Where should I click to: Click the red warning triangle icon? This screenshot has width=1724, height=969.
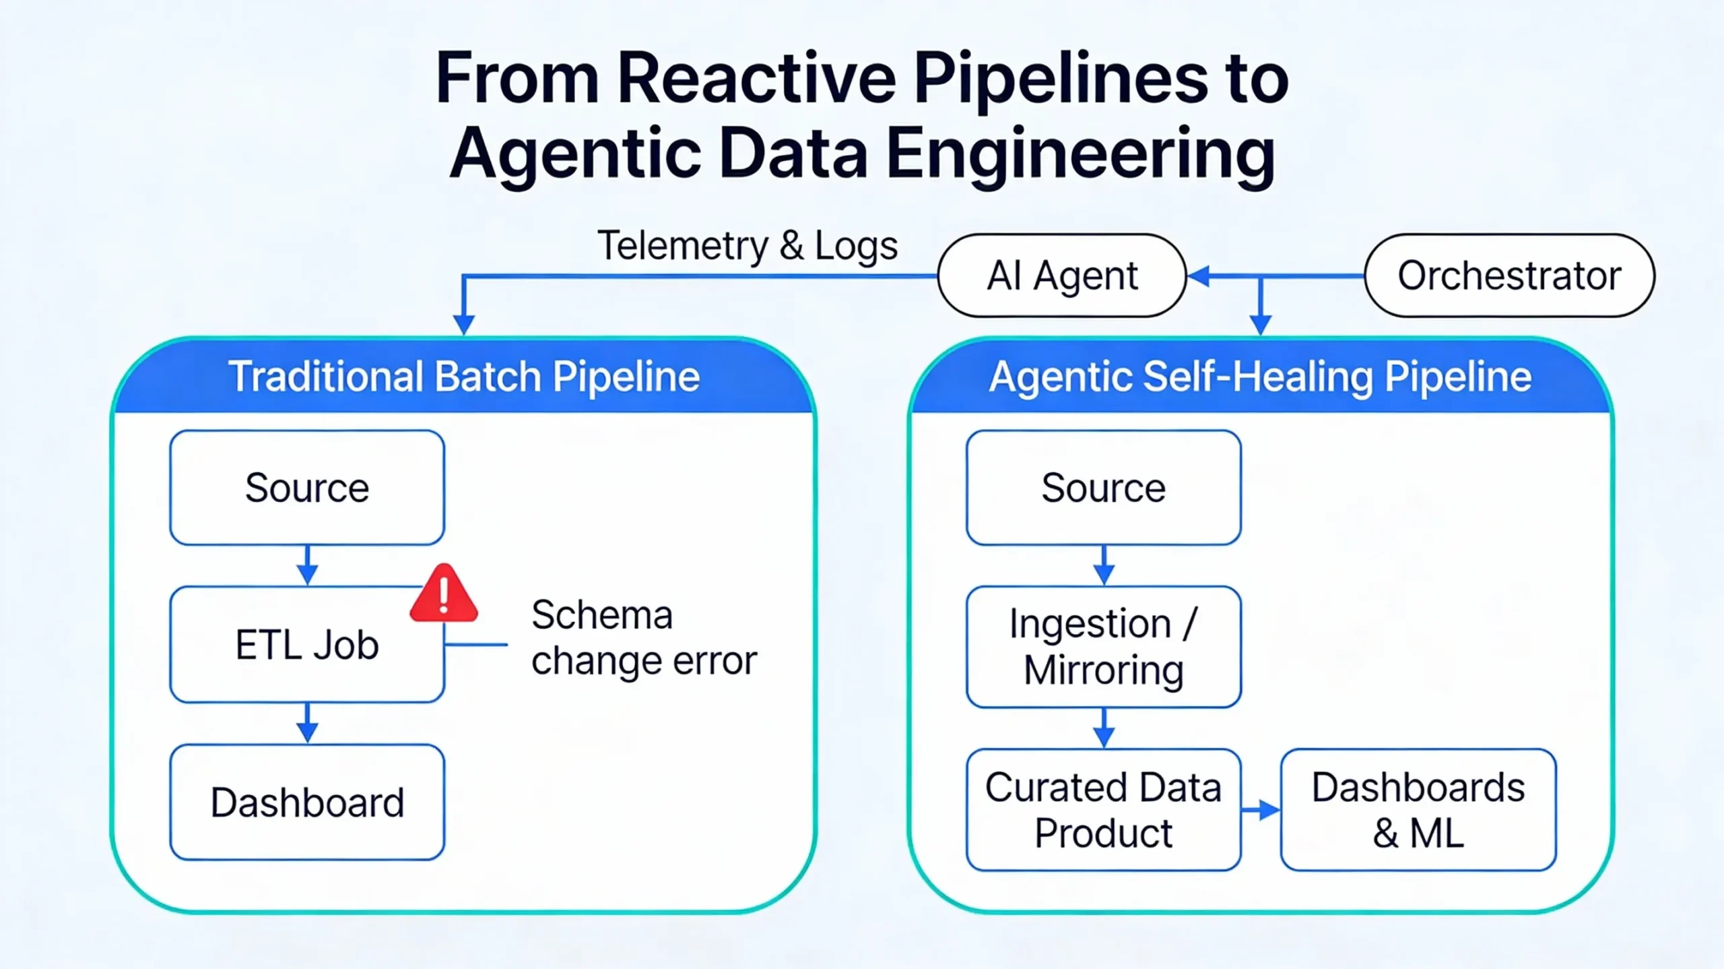point(444,595)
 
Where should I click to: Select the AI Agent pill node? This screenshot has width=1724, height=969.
point(1061,276)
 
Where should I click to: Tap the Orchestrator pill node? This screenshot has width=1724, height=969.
point(1509,276)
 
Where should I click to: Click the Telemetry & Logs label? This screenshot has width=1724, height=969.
point(747,245)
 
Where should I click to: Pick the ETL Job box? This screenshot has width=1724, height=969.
point(307,645)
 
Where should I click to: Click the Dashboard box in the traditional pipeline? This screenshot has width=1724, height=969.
point(307,802)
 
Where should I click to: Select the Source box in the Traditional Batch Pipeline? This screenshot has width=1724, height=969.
point(307,488)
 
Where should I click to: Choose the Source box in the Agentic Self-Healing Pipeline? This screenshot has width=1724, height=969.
point(1103,488)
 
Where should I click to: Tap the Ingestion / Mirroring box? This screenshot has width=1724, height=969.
point(1103,647)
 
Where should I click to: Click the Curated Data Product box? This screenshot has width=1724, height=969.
point(1103,810)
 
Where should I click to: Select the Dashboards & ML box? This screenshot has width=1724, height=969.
point(1418,810)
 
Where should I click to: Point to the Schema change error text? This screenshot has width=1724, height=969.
point(643,637)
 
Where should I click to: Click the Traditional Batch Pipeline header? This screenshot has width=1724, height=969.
point(464,376)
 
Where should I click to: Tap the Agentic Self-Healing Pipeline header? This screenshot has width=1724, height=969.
point(1260,376)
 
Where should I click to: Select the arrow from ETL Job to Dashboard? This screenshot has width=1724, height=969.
point(307,724)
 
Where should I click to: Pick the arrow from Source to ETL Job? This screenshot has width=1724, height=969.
point(307,566)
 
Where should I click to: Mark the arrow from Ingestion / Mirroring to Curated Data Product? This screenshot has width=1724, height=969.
point(1103,728)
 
